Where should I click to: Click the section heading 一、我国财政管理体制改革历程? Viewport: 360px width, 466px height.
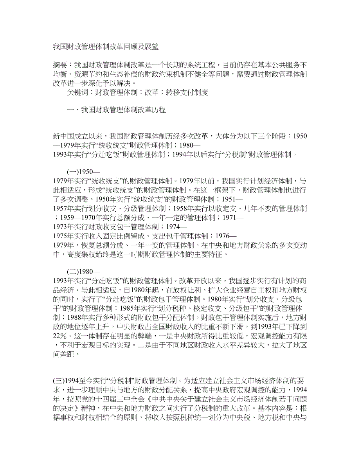click(x=117, y=110)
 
